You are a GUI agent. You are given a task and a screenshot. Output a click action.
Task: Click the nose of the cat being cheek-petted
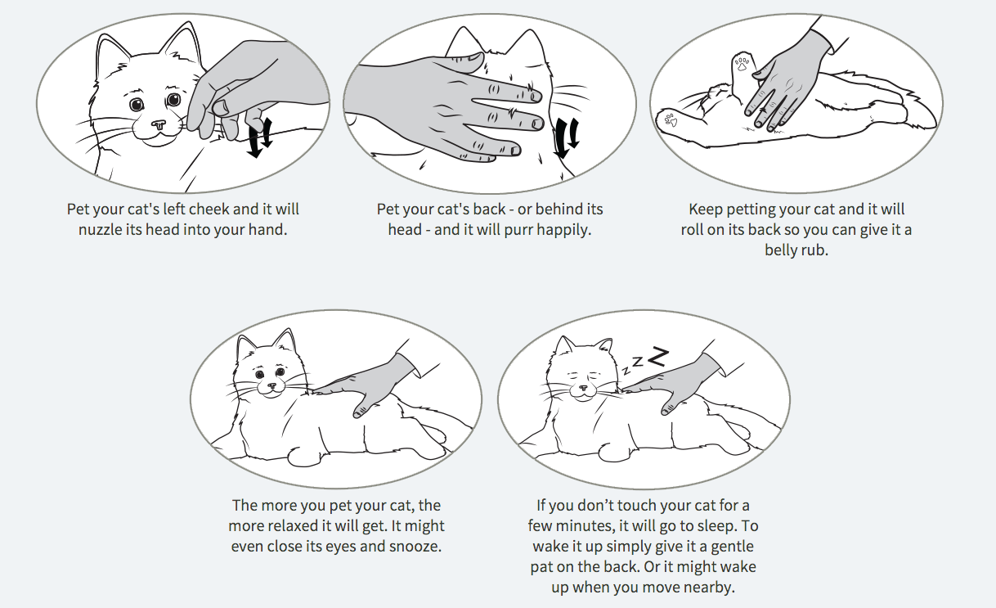(x=158, y=124)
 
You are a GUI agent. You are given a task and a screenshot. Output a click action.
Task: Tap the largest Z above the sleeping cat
(x=658, y=357)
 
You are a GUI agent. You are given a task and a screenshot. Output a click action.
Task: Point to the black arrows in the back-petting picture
(x=567, y=138)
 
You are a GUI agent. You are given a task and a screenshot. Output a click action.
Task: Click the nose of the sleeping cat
(x=583, y=390)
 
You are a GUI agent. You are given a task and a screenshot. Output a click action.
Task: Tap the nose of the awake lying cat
(x=271, y=385)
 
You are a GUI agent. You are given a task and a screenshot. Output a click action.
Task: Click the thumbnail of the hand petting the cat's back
(x=474, y=57)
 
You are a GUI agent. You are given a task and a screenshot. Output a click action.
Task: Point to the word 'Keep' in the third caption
(x=706, y=209)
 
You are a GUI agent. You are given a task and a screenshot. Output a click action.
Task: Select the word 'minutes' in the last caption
(x=590, y=526)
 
